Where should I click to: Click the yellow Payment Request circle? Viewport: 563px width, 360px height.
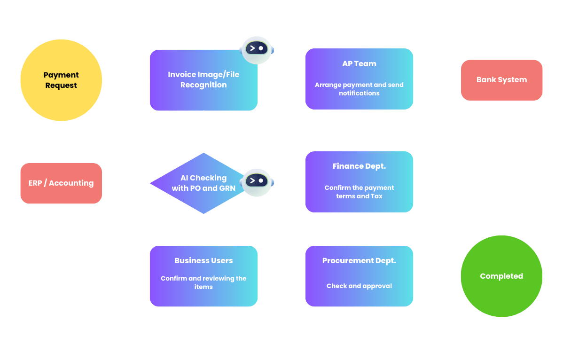pyautogui.click(x=61, y=80)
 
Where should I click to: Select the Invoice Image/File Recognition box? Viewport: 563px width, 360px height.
pyautogui.click(x=203, y=80)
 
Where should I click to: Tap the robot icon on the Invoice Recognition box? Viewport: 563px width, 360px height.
pyautogui.click(x=257, y=49)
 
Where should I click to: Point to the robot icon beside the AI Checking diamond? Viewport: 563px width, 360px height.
pyautogui.click(x=257, y=181)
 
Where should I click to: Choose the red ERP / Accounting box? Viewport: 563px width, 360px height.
pyautogui.click(x=61, y=183)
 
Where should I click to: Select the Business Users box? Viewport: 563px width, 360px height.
pyautogui.click(x=203, y=276)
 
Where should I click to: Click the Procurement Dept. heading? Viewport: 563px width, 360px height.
pyautogui.click(x=359, y=261)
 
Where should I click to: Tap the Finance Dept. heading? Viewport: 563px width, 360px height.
pyautogui.click(x=359, y=166)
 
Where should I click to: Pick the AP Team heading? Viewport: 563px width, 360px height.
pyautogui.click(x=359, y=63)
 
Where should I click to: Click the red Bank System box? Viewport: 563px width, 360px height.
pyautogui.click(x=501, y=80)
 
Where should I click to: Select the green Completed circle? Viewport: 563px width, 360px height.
pyautogui.click(x=501, y=276)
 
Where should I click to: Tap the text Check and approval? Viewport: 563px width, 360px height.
pyautogui.click(x=359, y=286)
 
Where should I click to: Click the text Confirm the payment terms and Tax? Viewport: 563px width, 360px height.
pyautogui.click(x=359, y=192)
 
